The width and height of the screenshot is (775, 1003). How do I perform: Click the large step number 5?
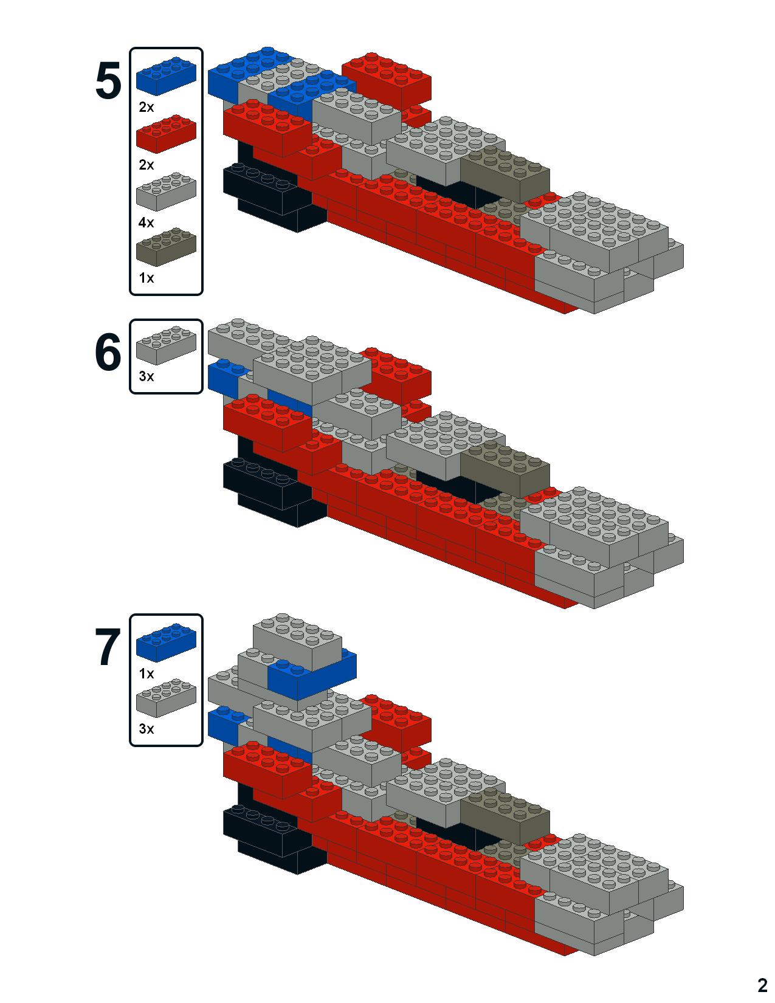109,82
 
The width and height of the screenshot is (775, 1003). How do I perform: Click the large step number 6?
109,353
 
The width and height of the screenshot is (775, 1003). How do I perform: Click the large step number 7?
109,649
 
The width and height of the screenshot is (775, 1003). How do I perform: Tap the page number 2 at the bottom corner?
762,985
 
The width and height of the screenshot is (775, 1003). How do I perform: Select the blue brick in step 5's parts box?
165,76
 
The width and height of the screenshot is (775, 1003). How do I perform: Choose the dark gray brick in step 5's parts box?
165,247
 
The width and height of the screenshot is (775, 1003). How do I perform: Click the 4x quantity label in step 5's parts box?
146,222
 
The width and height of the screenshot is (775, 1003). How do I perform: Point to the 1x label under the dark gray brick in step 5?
146,278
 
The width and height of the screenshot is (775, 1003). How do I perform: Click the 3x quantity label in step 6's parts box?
146,376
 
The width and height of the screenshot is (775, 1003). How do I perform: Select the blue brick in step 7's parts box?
165,643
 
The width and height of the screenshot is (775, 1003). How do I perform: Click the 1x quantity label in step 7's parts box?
146,674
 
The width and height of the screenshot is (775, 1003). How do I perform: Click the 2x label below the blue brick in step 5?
146,108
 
